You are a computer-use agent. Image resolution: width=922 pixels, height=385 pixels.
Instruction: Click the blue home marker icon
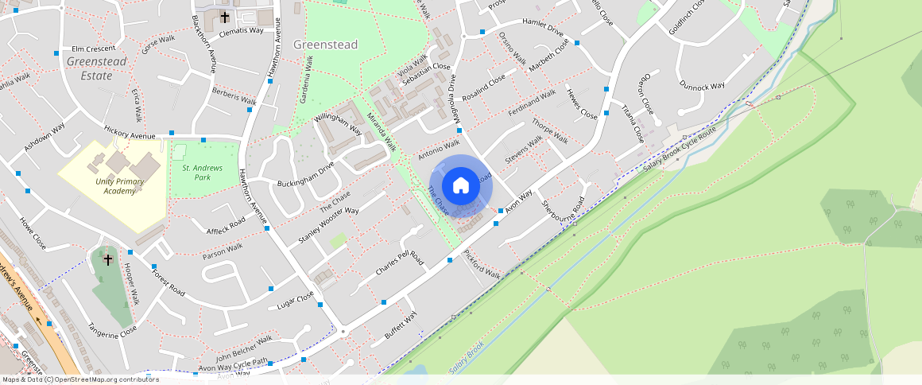pyautogui.click(x=460, y=186)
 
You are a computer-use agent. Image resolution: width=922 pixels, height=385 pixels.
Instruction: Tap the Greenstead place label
pyautogui.click(x=326, y=45)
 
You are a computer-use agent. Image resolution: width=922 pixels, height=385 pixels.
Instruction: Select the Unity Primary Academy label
pyautogui.click(x=109, y=187)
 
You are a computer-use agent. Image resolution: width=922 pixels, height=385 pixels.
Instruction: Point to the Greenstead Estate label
pyautogui.click(x=96, y=68)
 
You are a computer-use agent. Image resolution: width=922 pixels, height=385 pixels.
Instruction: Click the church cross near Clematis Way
pyautogui.click(x=225, y=17)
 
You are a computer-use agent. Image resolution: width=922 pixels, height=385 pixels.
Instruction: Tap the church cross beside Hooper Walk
pyautogui.click(x=108, y=259)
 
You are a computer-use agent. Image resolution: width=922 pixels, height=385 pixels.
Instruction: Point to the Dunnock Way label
pyautogui.click(x=702, y=85)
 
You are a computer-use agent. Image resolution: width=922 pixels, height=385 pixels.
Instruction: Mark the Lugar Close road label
pyautogui.click(x=295, y=304)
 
